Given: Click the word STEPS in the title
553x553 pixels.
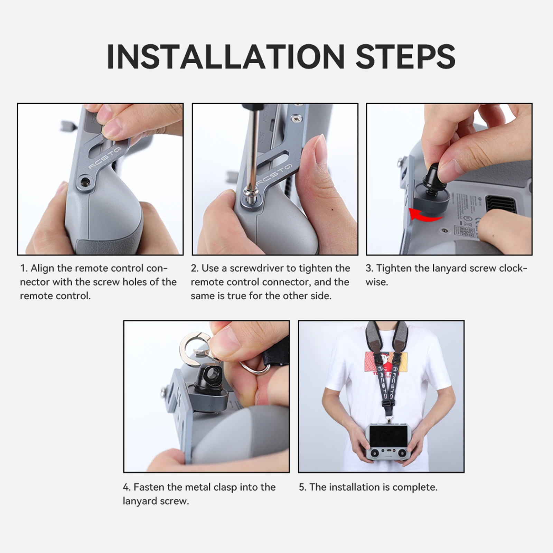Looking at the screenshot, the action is (405, 56).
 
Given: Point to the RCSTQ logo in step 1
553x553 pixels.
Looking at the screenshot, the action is (104, 157).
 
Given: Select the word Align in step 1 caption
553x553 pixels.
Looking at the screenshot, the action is (41, 269).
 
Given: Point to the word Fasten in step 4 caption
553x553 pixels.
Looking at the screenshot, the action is (149, 487).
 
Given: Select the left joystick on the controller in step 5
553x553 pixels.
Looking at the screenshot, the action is (375, 452).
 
